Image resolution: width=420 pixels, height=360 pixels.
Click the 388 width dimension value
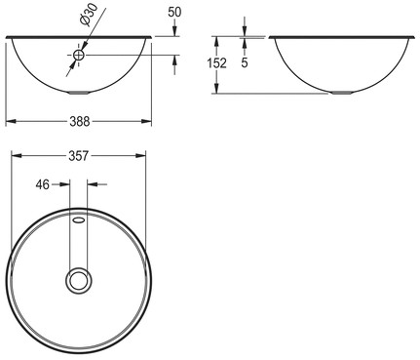[80, 122]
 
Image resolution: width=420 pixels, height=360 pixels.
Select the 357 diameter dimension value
[79, 156]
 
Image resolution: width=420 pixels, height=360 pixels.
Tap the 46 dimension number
[43, 184]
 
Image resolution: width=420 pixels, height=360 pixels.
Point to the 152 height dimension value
[216, 63]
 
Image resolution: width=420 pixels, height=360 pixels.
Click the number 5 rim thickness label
[245, 63]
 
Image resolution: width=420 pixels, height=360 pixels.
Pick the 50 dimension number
[174, 13]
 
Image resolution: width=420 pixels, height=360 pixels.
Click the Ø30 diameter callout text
[87, 16]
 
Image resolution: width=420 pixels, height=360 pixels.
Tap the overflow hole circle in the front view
[79, 55]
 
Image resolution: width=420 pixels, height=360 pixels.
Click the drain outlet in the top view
[79, 280]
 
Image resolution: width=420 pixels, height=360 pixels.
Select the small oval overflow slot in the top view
[79, 220]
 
